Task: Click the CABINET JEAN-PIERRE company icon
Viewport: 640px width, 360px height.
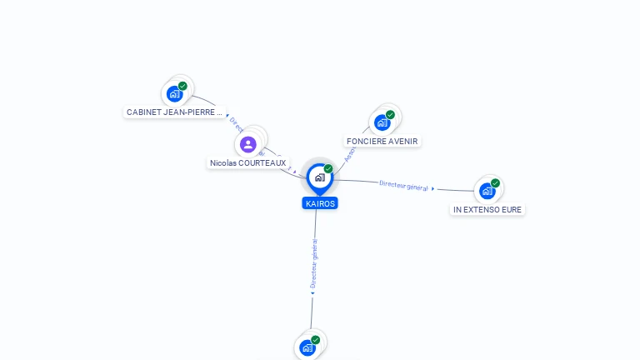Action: [x=174, y=93]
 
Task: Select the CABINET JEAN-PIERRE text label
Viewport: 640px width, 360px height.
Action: [x=175, y=112]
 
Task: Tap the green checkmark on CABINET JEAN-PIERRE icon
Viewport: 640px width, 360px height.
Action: [x=182, y=86]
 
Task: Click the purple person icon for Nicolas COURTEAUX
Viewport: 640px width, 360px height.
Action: [x=247, y=144]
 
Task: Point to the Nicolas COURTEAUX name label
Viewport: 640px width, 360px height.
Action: [x=247, y=163]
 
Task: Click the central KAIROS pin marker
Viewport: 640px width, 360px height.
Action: [x=319, y=177]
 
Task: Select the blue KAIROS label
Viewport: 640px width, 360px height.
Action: [x=320, y=203]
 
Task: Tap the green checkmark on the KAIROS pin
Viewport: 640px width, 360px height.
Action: [x=328, y=169]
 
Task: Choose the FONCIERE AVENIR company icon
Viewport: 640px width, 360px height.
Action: [x=382, y=122]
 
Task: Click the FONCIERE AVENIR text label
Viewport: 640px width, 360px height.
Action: [x=382, y=142]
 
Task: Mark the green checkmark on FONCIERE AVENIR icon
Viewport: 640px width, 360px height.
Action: [x=390, y=115]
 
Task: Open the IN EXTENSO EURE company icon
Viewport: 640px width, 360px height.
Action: [x=487, y=191]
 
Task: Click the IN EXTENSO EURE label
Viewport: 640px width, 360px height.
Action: [x=487, y=210]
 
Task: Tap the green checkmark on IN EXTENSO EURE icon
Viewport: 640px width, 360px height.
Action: [x=495, y=183]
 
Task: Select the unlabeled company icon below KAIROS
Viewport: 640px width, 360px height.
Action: [x=307, y=347]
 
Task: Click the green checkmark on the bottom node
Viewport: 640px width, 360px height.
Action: [x=315, y=340]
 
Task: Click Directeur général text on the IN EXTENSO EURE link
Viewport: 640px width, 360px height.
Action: [x=403, y=185]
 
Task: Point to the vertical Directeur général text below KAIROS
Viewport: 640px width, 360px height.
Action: [x=314, y=262]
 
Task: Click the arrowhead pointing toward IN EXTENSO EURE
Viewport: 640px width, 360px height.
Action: [x=433, y=189]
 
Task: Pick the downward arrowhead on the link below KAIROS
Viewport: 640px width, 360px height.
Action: [x=312, y=292]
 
